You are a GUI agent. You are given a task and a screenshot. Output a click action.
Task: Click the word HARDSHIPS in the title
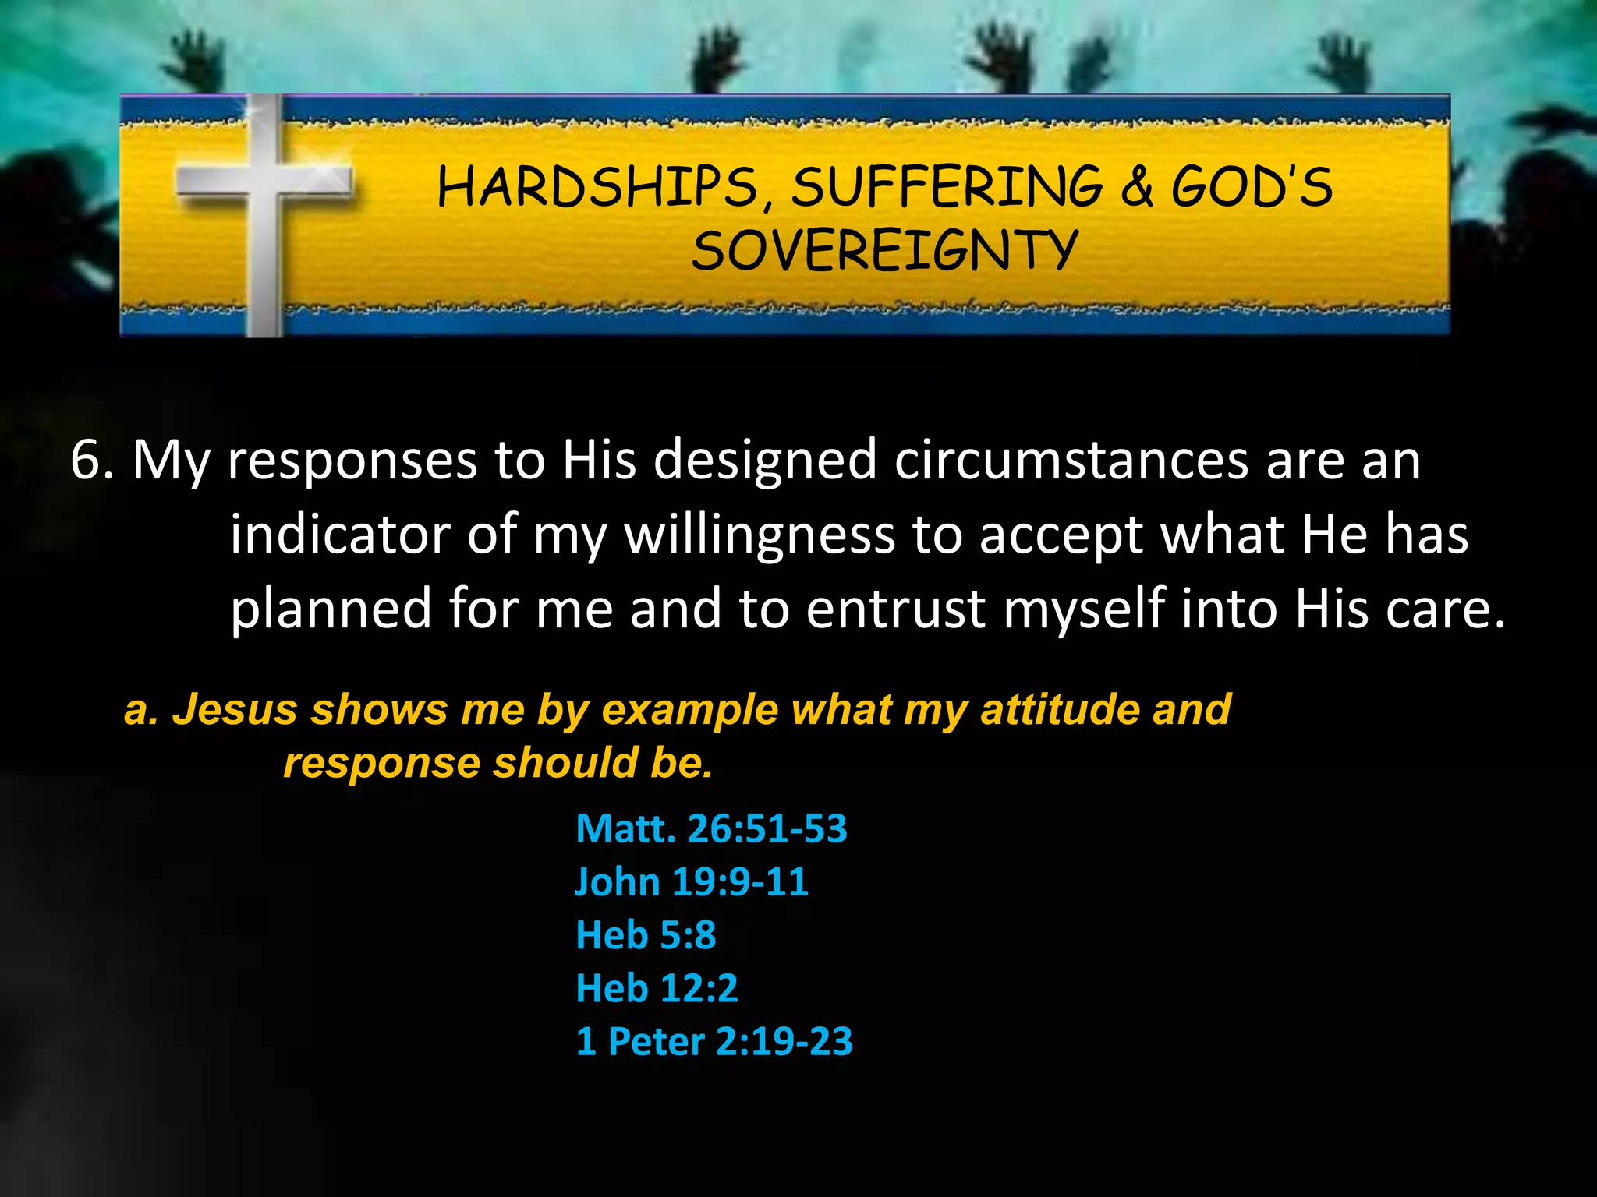[597, 188]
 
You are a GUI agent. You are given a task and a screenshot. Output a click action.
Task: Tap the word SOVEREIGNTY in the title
[884, 251]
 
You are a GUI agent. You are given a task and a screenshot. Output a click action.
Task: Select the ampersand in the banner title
[1137, 188]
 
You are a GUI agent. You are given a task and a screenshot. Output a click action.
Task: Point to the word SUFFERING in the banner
[947, 188]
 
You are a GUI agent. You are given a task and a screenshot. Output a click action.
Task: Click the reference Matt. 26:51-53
[711, 828]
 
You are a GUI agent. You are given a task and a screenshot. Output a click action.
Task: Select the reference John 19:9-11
[692, 881]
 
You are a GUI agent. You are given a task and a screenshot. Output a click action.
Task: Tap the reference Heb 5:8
[646, 934]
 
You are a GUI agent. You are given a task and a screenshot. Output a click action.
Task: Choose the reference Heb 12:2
[657, 988]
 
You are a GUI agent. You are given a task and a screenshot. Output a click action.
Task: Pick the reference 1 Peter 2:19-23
[714, 1041]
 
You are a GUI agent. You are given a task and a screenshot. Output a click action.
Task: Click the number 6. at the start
[92, 460]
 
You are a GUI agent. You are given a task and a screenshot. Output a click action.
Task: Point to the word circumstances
[1071, 460]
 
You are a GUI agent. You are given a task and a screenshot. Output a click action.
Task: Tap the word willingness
[760, 536]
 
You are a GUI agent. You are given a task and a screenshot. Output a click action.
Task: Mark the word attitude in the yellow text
[1058, 710]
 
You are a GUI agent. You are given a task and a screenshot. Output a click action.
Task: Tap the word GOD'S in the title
[1252, 188]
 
